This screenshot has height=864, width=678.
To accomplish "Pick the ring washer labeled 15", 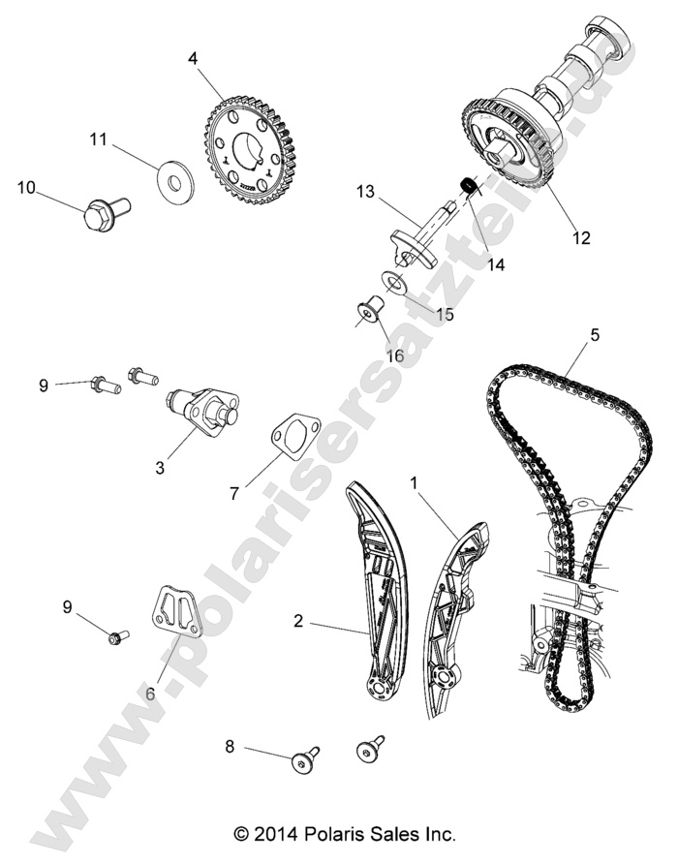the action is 395,281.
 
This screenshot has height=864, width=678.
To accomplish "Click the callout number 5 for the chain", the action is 595,335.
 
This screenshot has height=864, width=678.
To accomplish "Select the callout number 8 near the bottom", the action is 230,746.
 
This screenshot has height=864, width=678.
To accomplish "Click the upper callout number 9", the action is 69,386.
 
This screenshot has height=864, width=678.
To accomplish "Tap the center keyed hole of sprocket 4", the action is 250,153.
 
